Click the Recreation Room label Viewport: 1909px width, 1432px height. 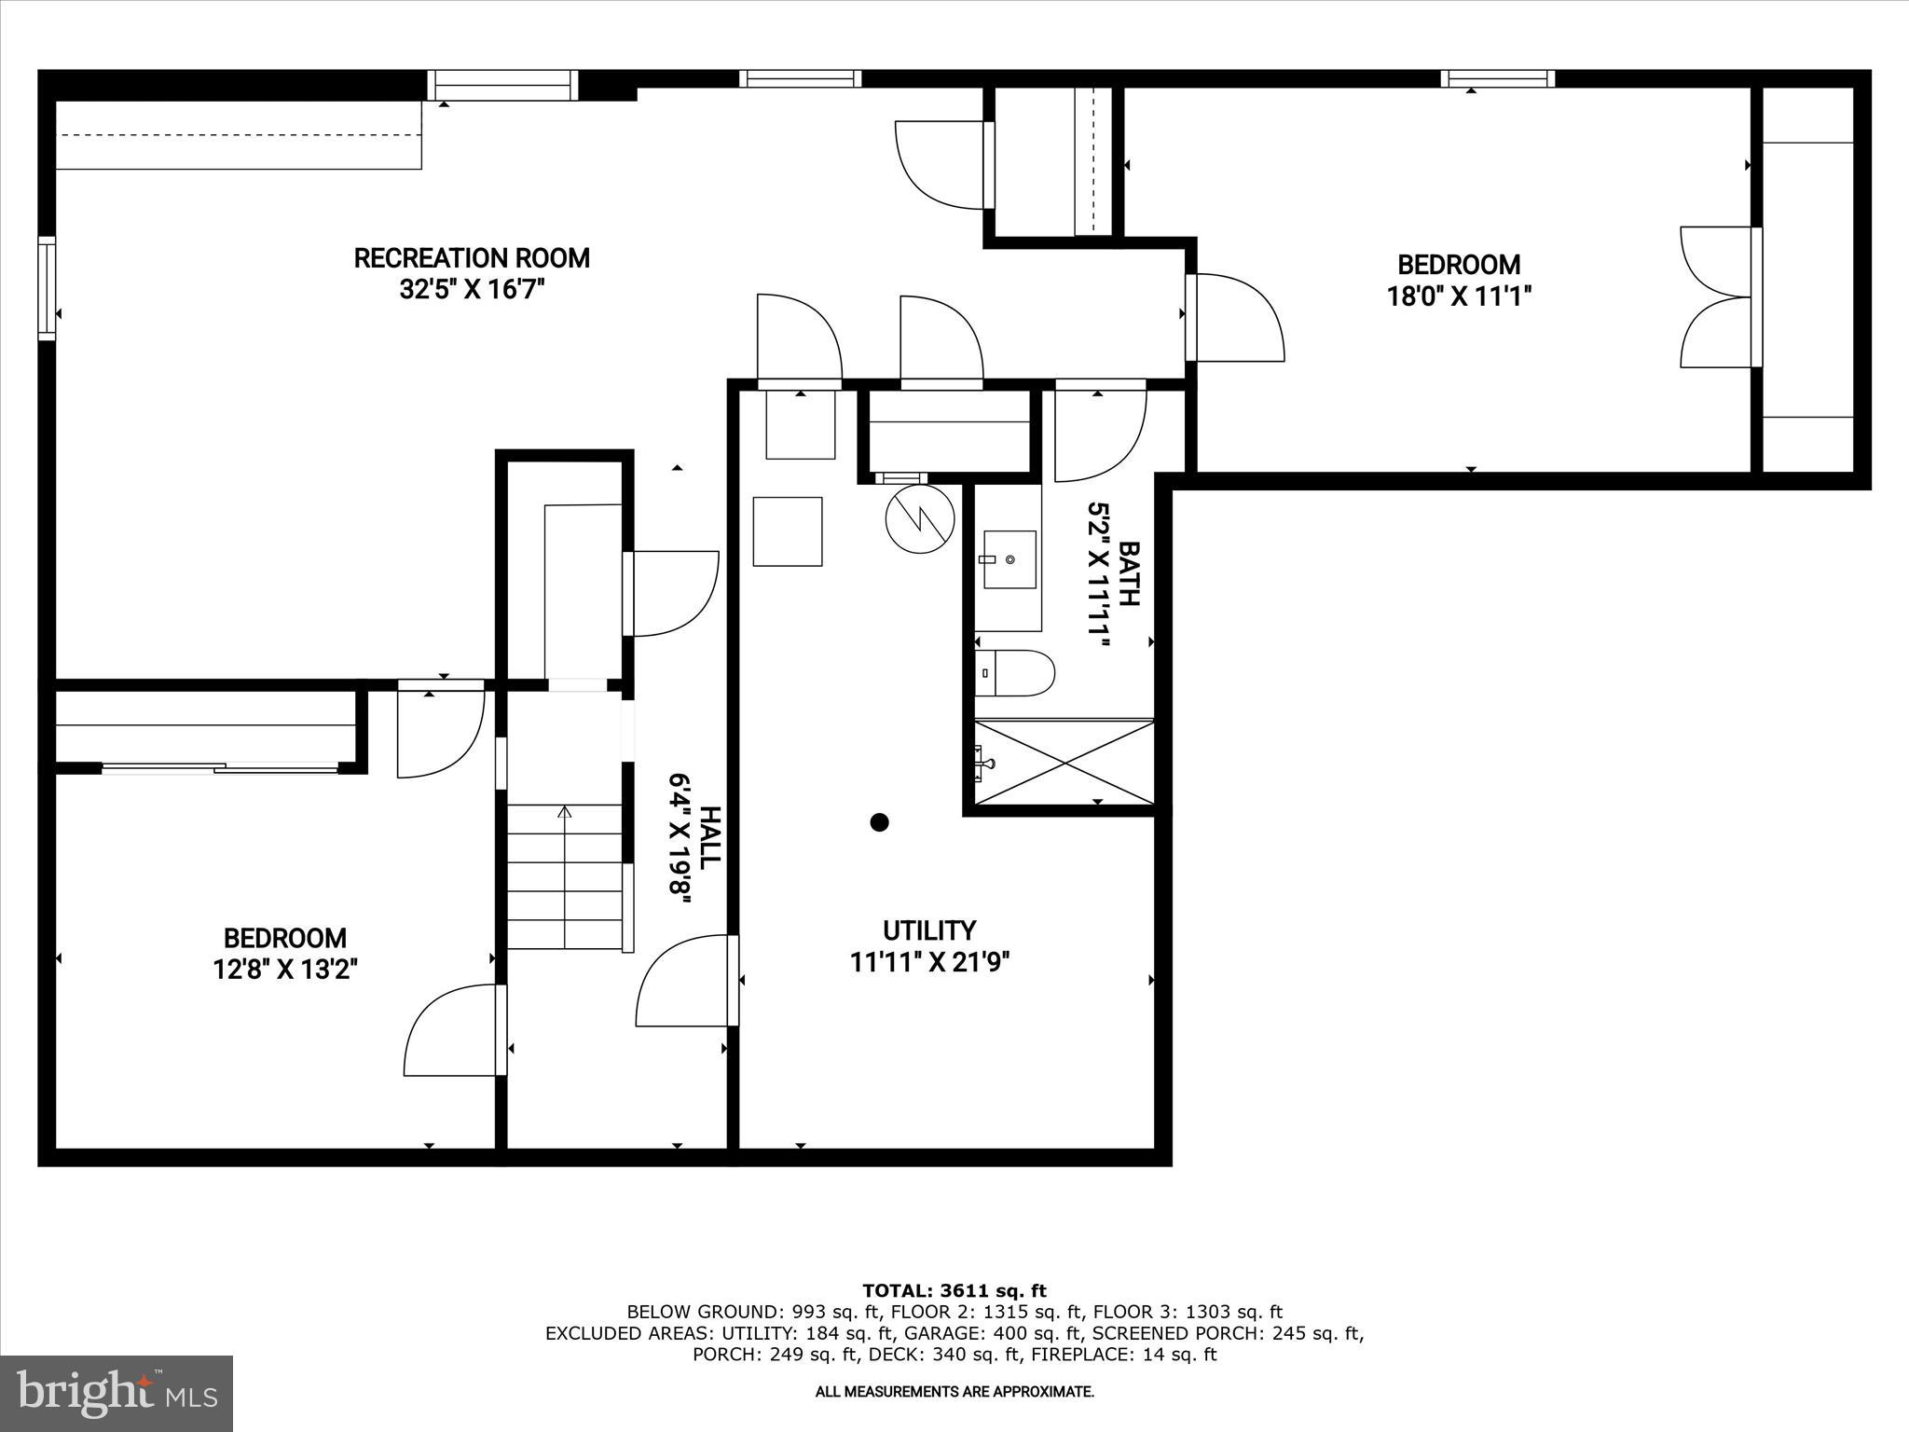(x=472, y=258)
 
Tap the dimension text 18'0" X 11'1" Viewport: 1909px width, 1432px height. (x=1459, y=296)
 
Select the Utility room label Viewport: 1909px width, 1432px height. (x=929, y=930)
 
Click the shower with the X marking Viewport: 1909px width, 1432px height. (x=1064, y=763)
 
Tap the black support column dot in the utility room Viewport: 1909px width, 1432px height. (x=879, y=822)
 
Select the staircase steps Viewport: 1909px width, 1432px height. (x=565, y=876)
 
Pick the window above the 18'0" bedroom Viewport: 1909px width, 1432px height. (x=1497, y=79)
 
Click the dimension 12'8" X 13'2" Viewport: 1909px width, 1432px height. (x=285, y=970)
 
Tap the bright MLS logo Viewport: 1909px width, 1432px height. (x=117, y=1393)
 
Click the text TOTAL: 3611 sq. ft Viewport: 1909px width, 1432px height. (x=954, y=1291)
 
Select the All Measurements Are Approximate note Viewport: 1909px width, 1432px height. (x=954, y=1392)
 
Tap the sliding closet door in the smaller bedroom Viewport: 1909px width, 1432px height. (x=220, y=768)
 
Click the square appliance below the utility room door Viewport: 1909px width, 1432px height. (x=788, y=531)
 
